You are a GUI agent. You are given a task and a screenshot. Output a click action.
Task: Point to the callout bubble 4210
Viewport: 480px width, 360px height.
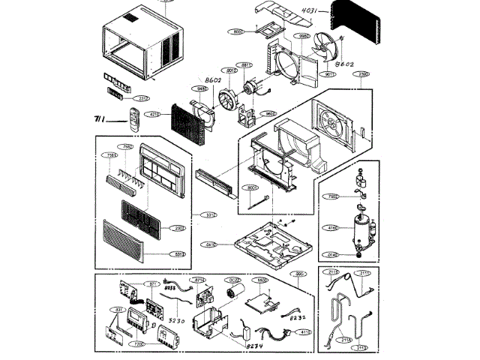click(154, 115)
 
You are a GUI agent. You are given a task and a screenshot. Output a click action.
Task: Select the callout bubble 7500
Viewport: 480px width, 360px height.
click(333, 197)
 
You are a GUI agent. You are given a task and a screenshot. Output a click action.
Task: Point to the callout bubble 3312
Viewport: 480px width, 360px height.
click(211, 215)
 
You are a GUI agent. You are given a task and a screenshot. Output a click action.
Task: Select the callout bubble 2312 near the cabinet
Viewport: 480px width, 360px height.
click(139, 98)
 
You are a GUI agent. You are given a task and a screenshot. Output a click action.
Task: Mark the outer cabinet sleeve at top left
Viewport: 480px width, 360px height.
click(142, 45)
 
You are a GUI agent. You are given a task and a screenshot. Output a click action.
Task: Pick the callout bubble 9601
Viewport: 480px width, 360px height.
click(269, 113)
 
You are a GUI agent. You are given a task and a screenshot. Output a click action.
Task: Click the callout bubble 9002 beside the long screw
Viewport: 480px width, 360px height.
click(252, 189)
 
